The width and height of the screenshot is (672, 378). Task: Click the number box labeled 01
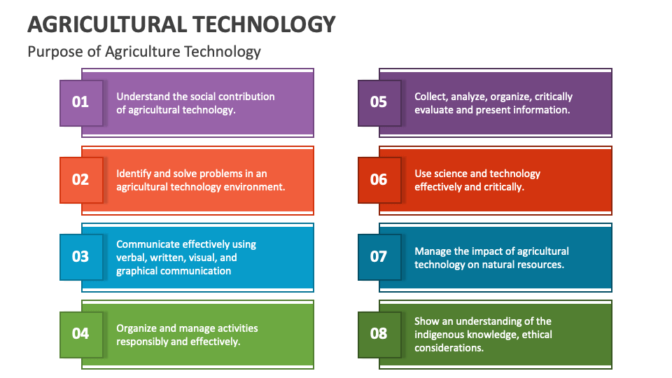pos(81,102)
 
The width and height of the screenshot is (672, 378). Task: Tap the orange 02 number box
pos(81,180)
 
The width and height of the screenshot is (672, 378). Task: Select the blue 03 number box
pos(81,257)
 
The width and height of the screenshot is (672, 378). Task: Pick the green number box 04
pos(81,334)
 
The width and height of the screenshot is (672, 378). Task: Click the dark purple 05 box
pos(379,102)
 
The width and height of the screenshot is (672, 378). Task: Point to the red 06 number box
pos(379,180)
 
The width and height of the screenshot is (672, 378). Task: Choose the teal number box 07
pos(379,257)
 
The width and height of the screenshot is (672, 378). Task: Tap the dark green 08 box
pos(379,334)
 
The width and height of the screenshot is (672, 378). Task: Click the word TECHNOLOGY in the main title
pos(263,24)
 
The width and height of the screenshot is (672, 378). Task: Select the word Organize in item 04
pos(136,328)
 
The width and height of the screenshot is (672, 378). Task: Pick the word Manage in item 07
pos(433,251)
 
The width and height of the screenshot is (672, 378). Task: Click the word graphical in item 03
pos(137,271)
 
